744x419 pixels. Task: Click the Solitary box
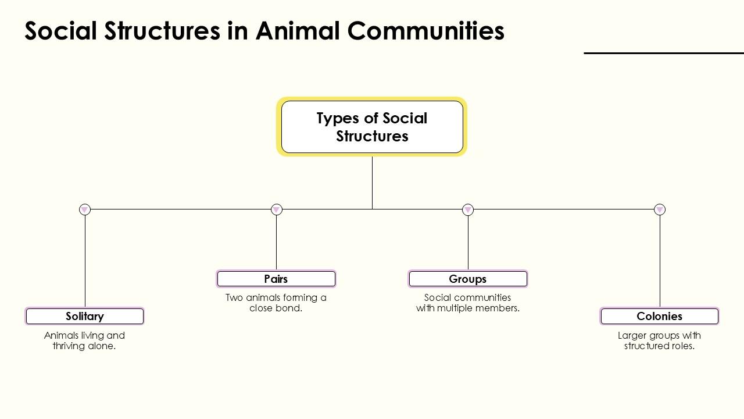pos(85,316)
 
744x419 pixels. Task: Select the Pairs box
pos(276,279)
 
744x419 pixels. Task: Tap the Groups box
pos(468,279)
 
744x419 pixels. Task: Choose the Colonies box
pos(660,316)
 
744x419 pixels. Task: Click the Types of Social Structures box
pos(372,127)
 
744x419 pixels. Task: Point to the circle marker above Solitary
pos(85,210)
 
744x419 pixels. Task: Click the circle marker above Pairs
pos(277,210)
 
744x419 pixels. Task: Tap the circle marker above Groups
pos(468,210)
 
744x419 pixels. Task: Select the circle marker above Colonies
pos(660,210)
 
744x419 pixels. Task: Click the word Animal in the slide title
pos(298,31)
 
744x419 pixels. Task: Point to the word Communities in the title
pos(426,31)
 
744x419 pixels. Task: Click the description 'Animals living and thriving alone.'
pos(85,340)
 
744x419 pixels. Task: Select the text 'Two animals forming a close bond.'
pos(276,303)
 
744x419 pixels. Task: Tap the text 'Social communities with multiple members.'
pos(468,303)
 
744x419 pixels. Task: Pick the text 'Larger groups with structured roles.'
pos(660,340)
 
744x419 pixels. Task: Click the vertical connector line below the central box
pos(372,182)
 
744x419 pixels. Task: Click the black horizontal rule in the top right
pos(664,53)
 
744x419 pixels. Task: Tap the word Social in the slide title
pos(60,31)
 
